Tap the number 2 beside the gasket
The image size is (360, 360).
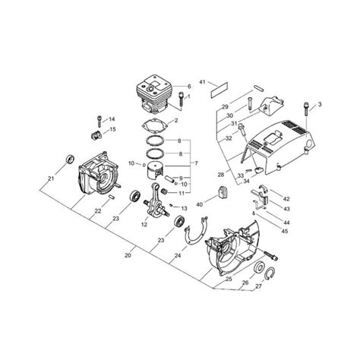click(x=177, y=120)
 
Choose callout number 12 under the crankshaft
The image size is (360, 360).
click(x=144, y=224)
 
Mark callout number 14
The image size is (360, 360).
click(x=112, y=119)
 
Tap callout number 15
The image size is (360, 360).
click(x=112, y=130)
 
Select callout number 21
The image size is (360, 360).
click(x=51, y=178)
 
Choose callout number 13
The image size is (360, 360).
click(x=185, y=207)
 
